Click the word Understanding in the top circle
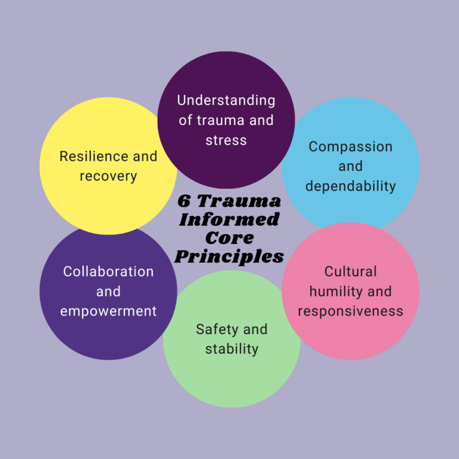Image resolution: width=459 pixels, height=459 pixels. (x=226, y=100)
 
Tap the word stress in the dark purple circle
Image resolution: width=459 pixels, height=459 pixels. (x=226, y=140)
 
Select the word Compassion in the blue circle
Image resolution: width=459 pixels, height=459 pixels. (x=350, y=146)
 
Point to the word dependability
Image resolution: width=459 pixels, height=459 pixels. (x=350, y=186)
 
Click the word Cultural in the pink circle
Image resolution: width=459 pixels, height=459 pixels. (x=350, y=272)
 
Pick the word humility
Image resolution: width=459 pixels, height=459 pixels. (x=329, y=292)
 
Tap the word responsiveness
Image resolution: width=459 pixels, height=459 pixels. (x=350, y=311)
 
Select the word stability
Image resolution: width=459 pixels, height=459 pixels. (x=231, y=349)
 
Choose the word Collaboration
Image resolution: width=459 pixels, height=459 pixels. (x=108, y=271)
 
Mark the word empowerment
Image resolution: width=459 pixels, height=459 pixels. (x=108, y=311)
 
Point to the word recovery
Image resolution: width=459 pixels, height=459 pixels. (x=108, y=176)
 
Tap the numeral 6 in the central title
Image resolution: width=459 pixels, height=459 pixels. (x=185, y=201)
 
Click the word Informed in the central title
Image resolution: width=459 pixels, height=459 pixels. (x=229, y=219)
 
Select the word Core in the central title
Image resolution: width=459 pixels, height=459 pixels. (x=229, y=238)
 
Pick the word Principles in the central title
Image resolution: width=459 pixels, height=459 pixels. (x=229, y=256)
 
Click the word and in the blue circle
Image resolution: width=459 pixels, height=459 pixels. (x=350, y=166)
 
